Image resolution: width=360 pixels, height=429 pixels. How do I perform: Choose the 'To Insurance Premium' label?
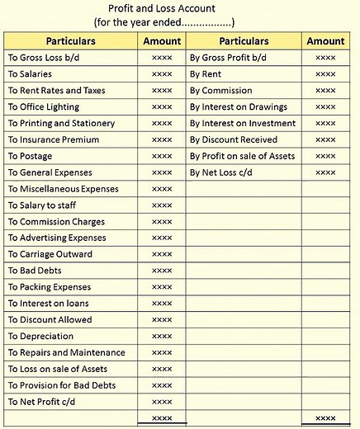(54, 139)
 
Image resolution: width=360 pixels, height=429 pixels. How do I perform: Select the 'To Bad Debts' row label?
(35, 271)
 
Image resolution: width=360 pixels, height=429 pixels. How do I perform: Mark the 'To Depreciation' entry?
(40, 336)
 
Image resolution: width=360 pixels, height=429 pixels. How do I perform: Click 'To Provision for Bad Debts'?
(61, 385)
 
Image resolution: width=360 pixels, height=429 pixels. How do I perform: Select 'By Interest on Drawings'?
(239, 107)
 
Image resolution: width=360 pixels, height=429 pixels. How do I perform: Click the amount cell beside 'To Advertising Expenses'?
(162, 238)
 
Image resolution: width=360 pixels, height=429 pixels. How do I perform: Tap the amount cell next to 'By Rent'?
(325, 74)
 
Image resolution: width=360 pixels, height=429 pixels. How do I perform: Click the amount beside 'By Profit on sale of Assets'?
(325, 156)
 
